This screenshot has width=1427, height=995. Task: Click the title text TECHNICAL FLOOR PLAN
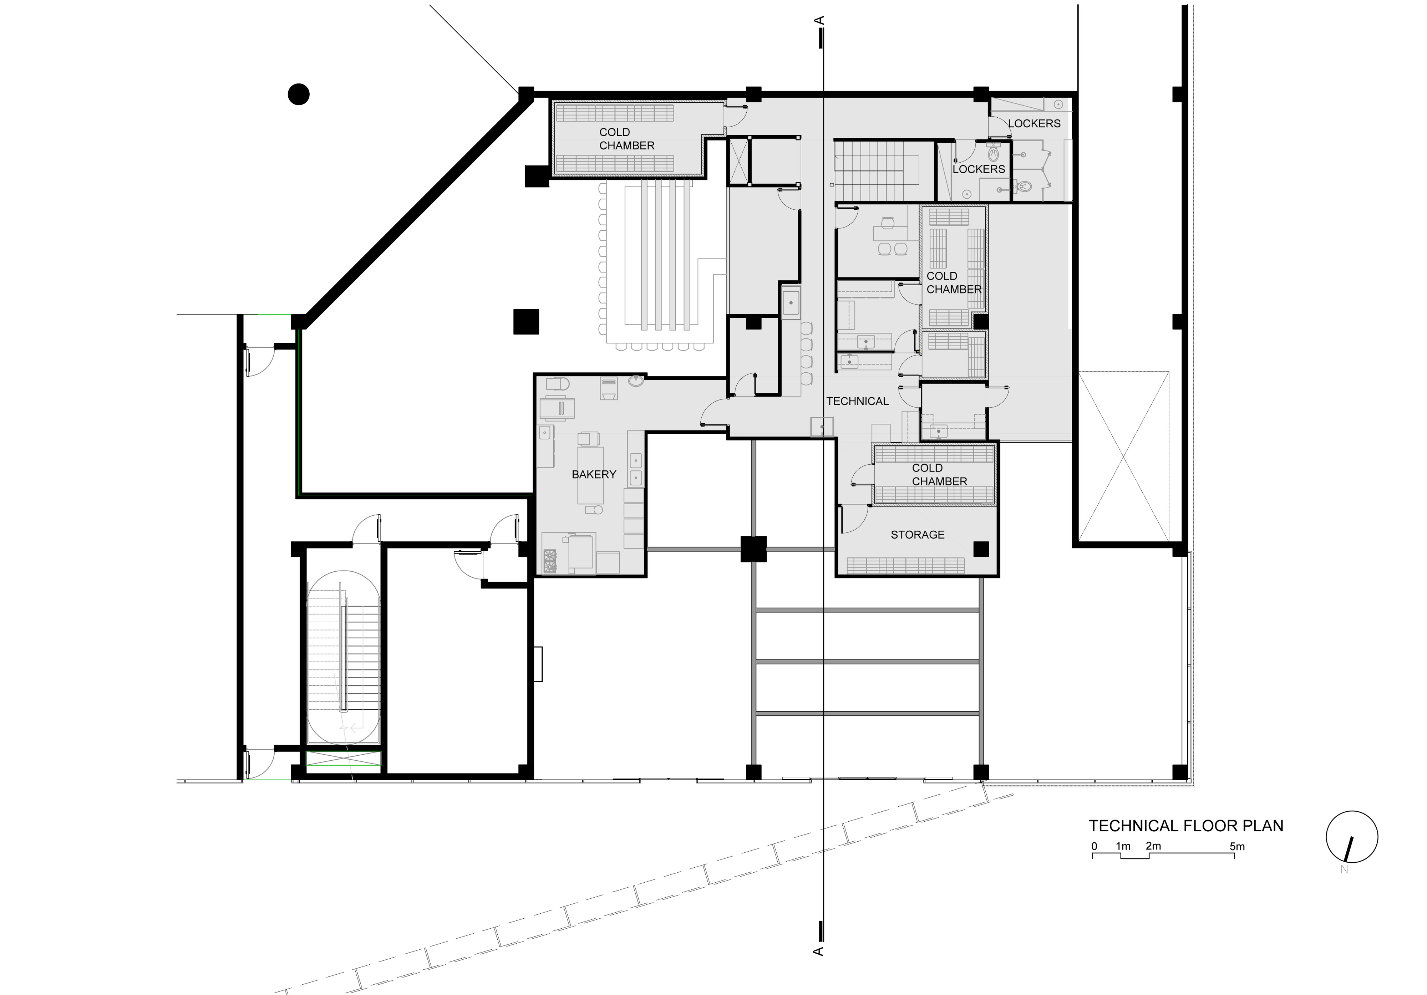pyautogui.click(x=1186, y=826)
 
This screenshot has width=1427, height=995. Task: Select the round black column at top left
pyautogui.click(x=299, y=95)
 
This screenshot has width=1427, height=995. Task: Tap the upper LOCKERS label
pyautogui.click(x=1034, y=124)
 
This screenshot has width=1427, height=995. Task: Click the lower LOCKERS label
pyautogui.click(x=979, y=169)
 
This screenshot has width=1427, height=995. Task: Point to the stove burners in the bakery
pyautogui.click(x=551, y=561)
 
